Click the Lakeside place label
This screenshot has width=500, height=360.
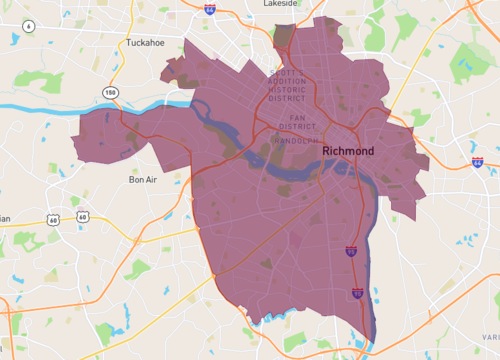(x=280, y=4)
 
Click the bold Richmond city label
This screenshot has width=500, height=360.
(x=348, y=150)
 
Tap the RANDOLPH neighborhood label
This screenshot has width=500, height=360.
(x=297, y=141)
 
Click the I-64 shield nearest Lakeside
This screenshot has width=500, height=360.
(x=209, y=8)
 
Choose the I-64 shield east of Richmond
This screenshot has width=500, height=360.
(x=477, y=162)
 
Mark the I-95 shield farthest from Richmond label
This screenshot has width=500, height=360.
(x=357, y=293)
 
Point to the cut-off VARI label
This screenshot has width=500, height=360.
(x=492, y=337)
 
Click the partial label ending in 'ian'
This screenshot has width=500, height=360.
(x=5, y=218)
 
